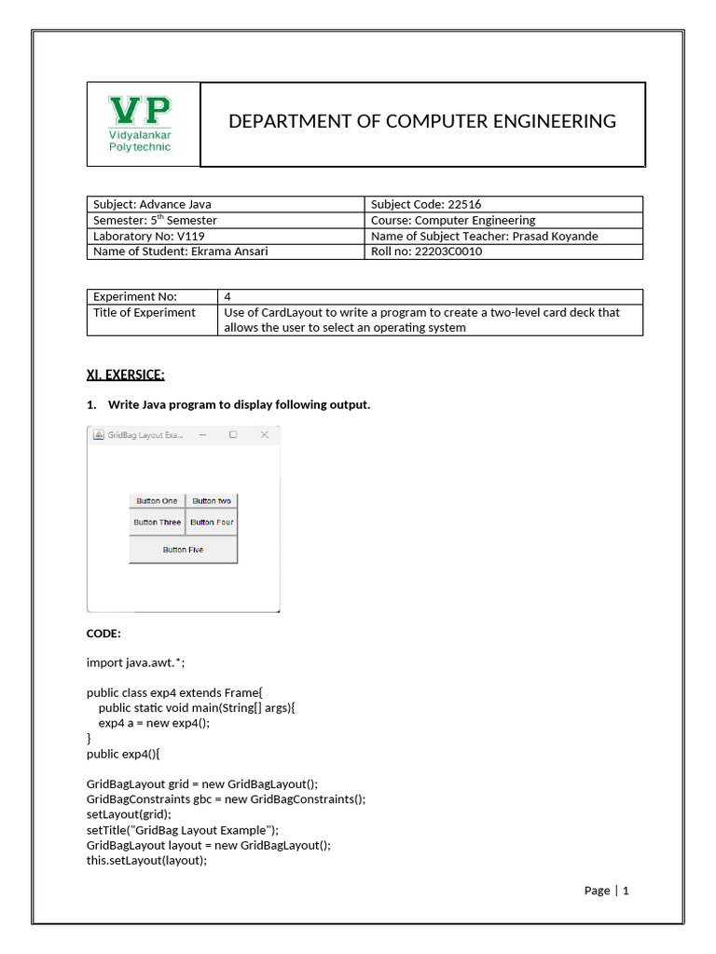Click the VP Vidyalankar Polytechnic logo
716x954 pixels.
coord(141,124)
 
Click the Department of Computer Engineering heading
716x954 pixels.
coord(422,121)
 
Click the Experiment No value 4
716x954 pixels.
coord(227,296)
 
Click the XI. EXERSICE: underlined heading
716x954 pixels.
coord(125,375)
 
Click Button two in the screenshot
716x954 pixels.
coord(212,501)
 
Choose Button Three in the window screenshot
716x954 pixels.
coord(157,523)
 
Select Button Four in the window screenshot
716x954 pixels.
coord(212,523)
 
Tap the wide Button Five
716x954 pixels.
coord(183,550)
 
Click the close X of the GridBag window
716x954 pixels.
coord(264,435)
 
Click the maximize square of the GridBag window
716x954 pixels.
coord(233,435)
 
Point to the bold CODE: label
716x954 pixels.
coord(103,634)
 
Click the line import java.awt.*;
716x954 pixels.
coord(142,662)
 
